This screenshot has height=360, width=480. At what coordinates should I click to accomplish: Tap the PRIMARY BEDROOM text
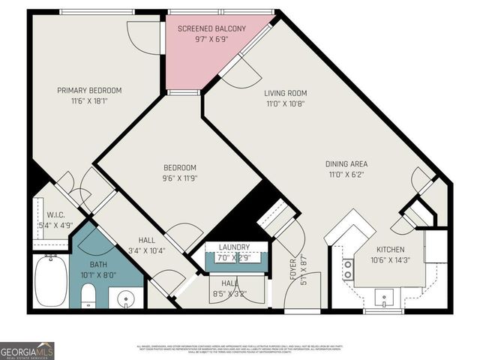tap(89, 90)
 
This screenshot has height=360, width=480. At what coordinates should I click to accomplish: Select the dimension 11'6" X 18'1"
tap(89, 100)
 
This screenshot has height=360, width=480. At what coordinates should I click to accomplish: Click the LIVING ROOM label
tap(286, 94)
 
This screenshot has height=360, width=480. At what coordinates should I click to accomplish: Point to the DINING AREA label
tap(346, 163)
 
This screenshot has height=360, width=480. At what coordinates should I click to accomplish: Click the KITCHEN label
tap(391, 250)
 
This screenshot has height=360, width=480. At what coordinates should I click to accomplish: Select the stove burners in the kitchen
tap(348, 269)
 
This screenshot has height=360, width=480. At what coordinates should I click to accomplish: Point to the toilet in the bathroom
tap(88, 295)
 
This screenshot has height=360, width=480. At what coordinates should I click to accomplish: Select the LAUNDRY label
tap(234, 247)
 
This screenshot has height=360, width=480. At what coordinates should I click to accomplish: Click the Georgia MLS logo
tap(27, 350)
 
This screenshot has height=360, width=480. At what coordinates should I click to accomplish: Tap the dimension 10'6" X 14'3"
tap(391, 260)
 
